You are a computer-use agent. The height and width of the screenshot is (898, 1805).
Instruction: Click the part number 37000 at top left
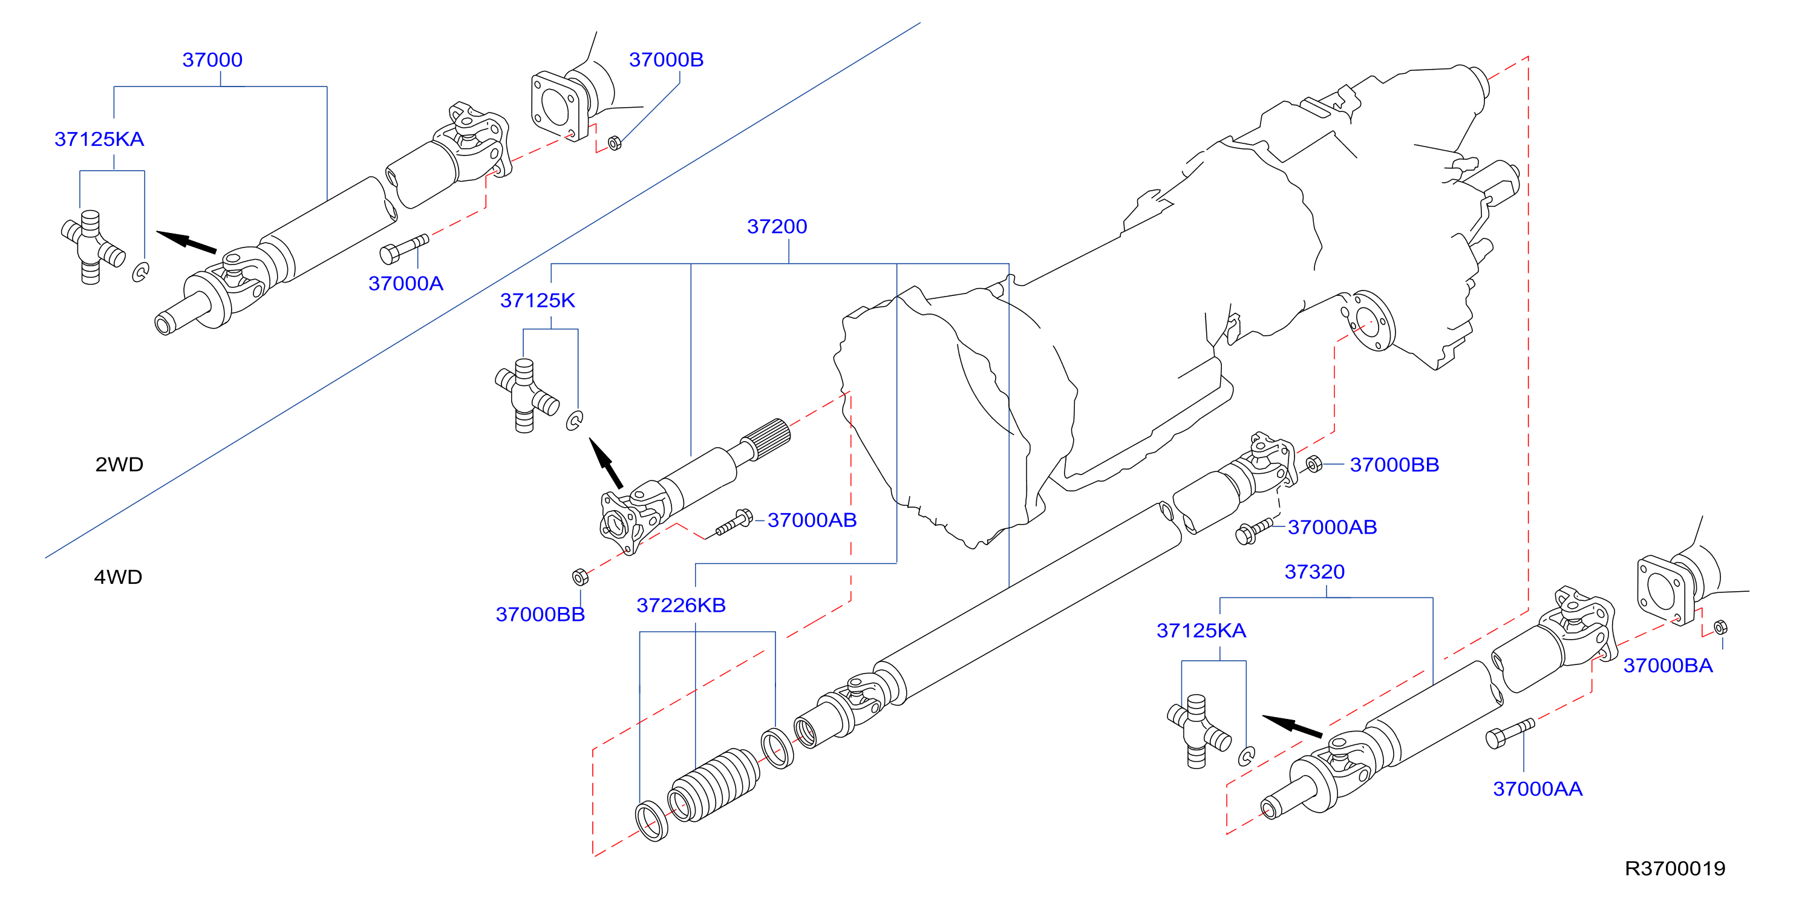pyautogui.click(x=212, y=59)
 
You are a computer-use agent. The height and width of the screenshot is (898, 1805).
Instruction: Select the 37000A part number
pyautogui.click(x=406, y=283)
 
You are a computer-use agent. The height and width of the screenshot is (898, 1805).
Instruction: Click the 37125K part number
pyautogui.click(x=537, y=301)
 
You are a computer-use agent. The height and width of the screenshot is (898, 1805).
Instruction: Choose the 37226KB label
pyautogui.click(x=681, y=605)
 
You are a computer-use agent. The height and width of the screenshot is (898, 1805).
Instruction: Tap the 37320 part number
pyautogui.click(x=1314, y=571)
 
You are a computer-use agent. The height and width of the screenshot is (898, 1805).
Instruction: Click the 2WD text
pyautogui.click(x=119, y=464)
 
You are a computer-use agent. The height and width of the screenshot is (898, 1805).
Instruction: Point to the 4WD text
pyautogui.click(x=118, y=577)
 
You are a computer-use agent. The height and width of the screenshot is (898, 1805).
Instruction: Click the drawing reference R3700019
pyautogui.click(x=1675, y=868)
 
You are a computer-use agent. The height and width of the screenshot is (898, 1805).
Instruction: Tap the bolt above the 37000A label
pyautogui.click(x=404, y=249)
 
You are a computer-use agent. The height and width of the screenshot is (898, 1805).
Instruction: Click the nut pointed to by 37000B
pyautogui.click(x=615, y=143)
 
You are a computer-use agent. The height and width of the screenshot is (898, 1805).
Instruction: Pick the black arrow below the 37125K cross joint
pyautogui.click(x=606, y=463)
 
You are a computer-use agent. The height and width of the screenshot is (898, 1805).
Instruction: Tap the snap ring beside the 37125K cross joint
pyautogui.click(x=574, y=420)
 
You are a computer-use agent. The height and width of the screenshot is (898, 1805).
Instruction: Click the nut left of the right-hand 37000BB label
pyautogui.click(x=1314, y=464)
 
